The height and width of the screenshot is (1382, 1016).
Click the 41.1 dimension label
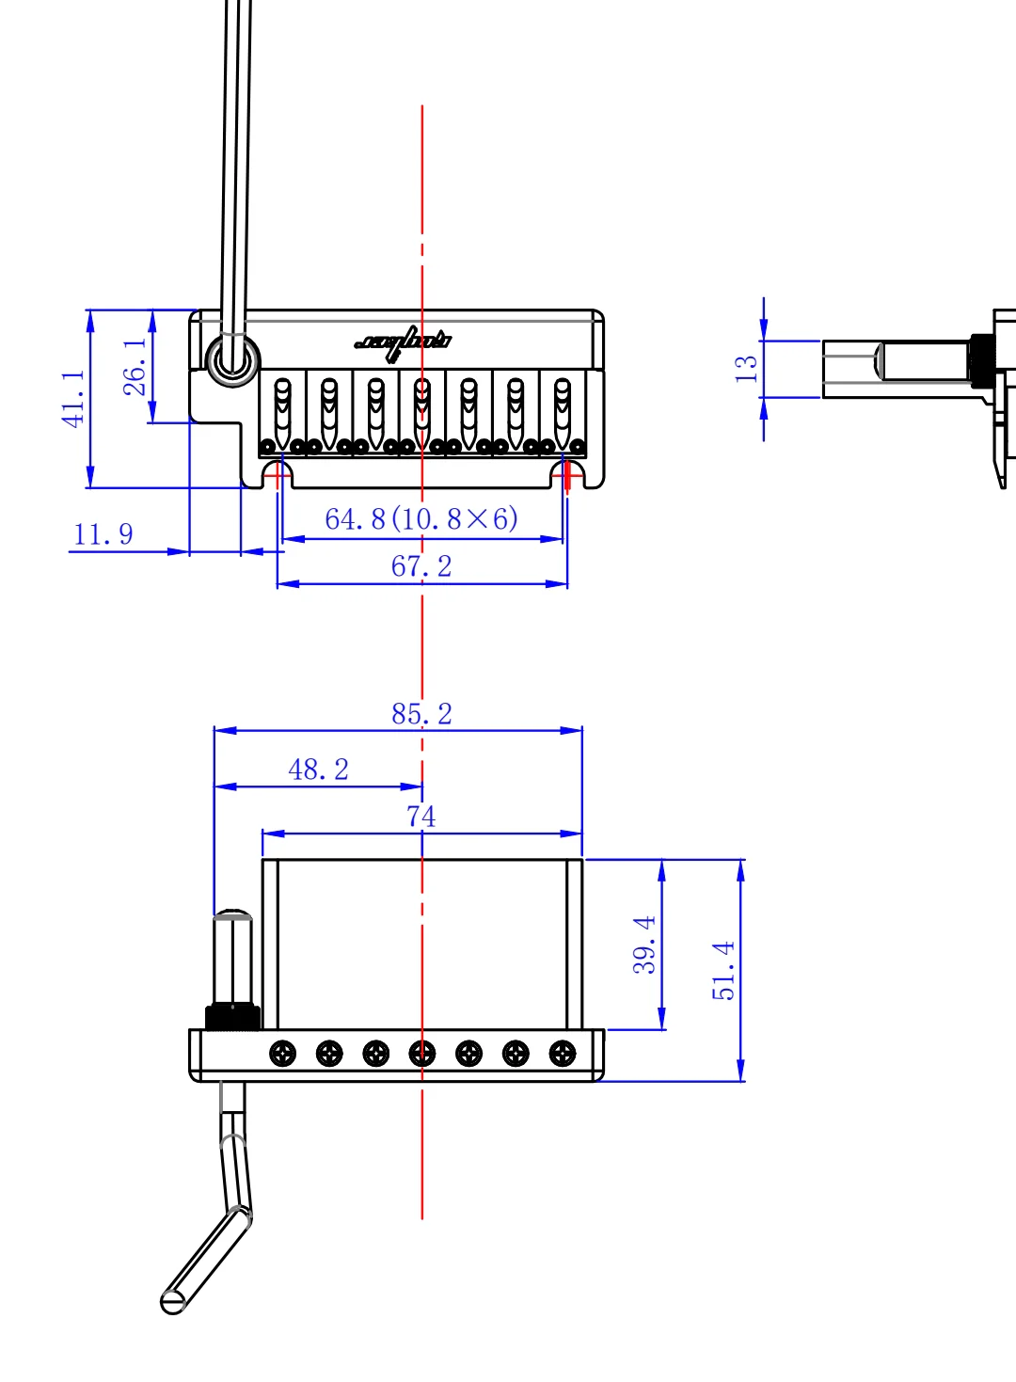[73, 398]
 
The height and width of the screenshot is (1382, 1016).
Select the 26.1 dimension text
[135, 366]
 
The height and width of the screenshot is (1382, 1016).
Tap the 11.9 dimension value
[103, 534]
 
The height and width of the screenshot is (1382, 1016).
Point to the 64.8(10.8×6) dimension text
[421, 518]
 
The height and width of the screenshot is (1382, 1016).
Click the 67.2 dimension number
[421, 566]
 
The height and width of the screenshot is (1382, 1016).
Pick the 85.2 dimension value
[421, 714]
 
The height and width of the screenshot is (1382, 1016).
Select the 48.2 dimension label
[318, 770]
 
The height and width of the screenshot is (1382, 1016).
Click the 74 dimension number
[421, 816]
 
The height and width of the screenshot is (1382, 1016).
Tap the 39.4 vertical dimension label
[644, 944]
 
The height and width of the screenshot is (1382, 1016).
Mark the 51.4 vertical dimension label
[723, 970]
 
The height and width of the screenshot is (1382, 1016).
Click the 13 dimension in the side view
[746, 368]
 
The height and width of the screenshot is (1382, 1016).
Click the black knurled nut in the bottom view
[232, 1017]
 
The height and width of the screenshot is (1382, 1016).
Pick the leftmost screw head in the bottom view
[283, 1054]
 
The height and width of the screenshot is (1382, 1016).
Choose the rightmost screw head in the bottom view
[563, 1054]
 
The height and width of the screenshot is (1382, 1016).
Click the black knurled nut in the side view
[982, 360]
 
